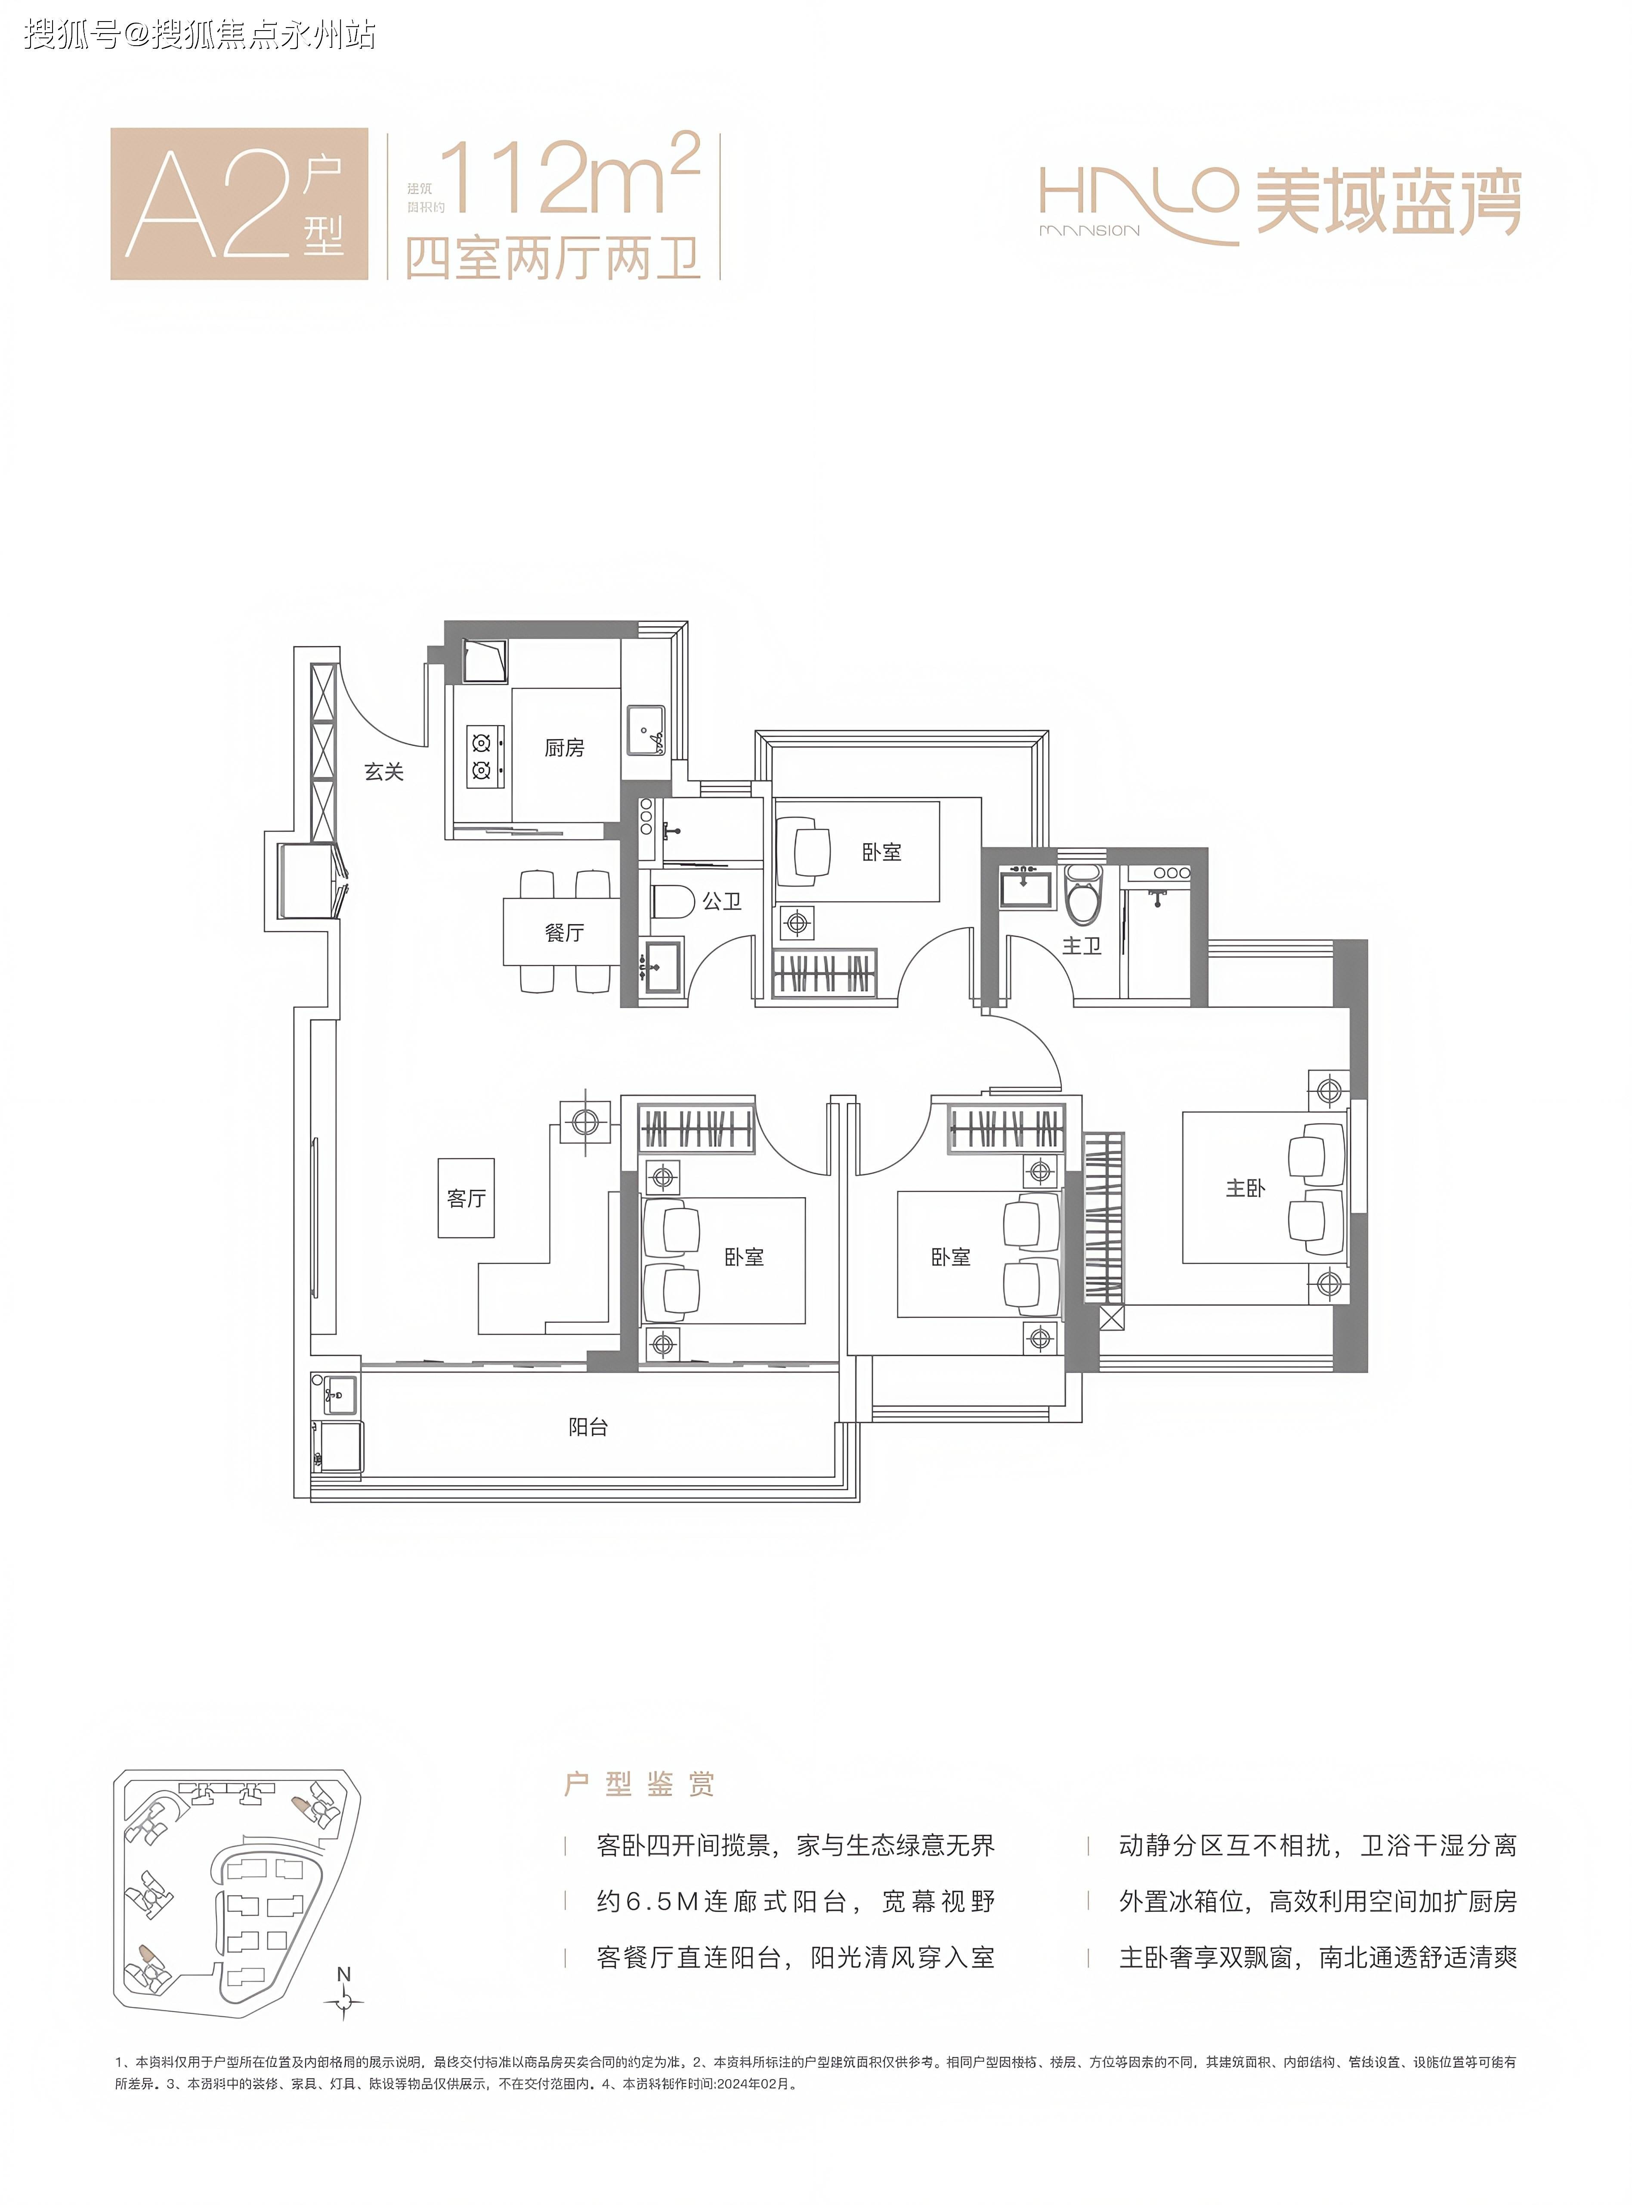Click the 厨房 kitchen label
pyautogui.click(x=564, y=748)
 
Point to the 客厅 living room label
pyautogui.click(x=466, y=1198)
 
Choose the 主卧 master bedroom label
pyautogui.click(x=1245, y=1188)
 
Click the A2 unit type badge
pyautogui.click(x=239, y=204)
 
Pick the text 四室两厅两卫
pyautogui.click(x=553, y=259)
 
